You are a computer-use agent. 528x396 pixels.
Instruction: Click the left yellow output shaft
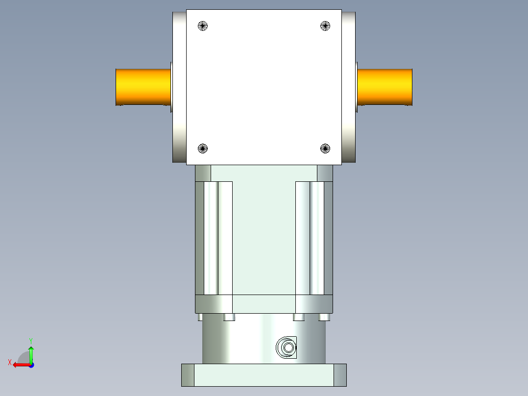(x=143, y=87)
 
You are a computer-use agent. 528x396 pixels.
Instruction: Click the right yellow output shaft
(x=385, y=87)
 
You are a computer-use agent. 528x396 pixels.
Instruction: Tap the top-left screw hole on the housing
(x=203, y=26)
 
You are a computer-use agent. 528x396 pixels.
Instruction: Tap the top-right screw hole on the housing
(x=325, y=26)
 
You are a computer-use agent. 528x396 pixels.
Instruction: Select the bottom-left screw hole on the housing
(x=203, y=148)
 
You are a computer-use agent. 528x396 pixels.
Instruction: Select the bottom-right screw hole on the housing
(x=325, y=148)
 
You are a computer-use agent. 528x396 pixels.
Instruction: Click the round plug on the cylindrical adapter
(x=287, y=348)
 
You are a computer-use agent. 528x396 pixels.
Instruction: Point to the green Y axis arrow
(x=31, y=352)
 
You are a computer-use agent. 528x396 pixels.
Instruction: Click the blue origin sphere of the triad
(x=31, y=365)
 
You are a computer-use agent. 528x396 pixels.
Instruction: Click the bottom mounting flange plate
(x=264, y=375)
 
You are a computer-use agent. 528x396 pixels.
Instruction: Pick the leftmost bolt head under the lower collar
(x=200, y=317)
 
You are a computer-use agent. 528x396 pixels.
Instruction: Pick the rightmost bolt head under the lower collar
(x=324, y=317)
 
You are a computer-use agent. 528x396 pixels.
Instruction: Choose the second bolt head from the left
(x=229, y=317)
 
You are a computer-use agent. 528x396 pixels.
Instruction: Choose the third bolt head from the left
(x=299, y=317)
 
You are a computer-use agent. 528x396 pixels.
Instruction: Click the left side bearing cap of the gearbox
(x=179, y=87)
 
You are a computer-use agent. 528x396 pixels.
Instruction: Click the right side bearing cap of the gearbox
(x=348, y=87)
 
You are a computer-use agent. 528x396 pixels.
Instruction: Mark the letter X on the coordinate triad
(x=9, y=362)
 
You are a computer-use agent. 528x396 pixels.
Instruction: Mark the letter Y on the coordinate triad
(x=30, y=340)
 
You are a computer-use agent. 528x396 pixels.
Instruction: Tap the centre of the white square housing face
(x=264, y=87)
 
